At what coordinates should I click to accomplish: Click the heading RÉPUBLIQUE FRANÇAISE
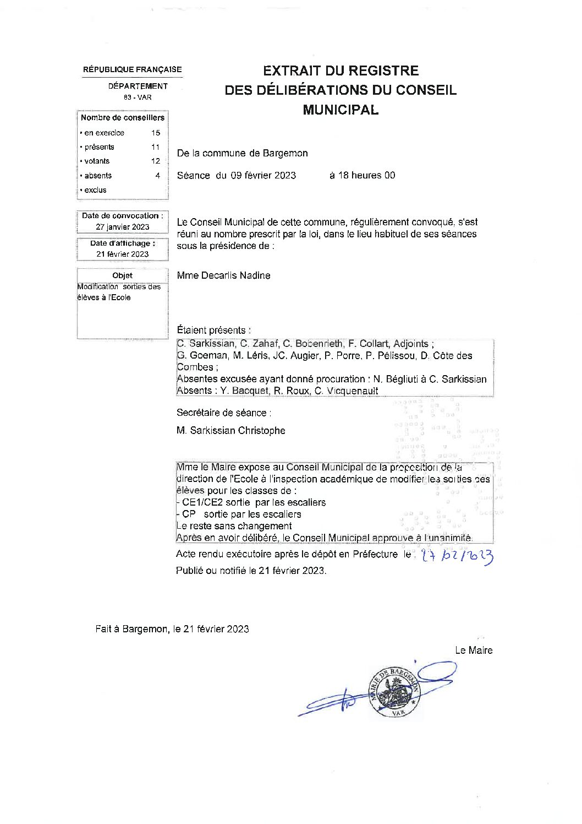[x=132, y=70]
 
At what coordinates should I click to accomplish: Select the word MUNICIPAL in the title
[x=341, y=110]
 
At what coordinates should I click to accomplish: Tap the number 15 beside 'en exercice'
[x=156, y=133]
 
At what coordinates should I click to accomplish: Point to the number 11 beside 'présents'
[x=156, y=147]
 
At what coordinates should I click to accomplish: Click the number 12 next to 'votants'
[x=156, y=161]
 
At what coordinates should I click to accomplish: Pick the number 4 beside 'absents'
[x=157, y=176]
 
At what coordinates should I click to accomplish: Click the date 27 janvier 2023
[x=122, y=227]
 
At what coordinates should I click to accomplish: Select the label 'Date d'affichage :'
[x=122, y=243]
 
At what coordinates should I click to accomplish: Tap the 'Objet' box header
[x=122, y=275]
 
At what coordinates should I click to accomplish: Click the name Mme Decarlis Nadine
[x=223, y=275]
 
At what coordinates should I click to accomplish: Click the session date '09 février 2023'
[x=263, y=176]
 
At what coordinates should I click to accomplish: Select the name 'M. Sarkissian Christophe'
[x=231, y=431]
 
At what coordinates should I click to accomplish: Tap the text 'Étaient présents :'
[x=213, y=330]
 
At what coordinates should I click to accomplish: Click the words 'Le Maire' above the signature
[x=474, y=650]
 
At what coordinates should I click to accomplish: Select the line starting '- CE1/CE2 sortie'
[x=251, y=502]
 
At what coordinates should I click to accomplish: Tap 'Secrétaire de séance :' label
[x=224, y=413]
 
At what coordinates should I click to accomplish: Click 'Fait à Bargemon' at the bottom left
[x=131, y=629]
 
